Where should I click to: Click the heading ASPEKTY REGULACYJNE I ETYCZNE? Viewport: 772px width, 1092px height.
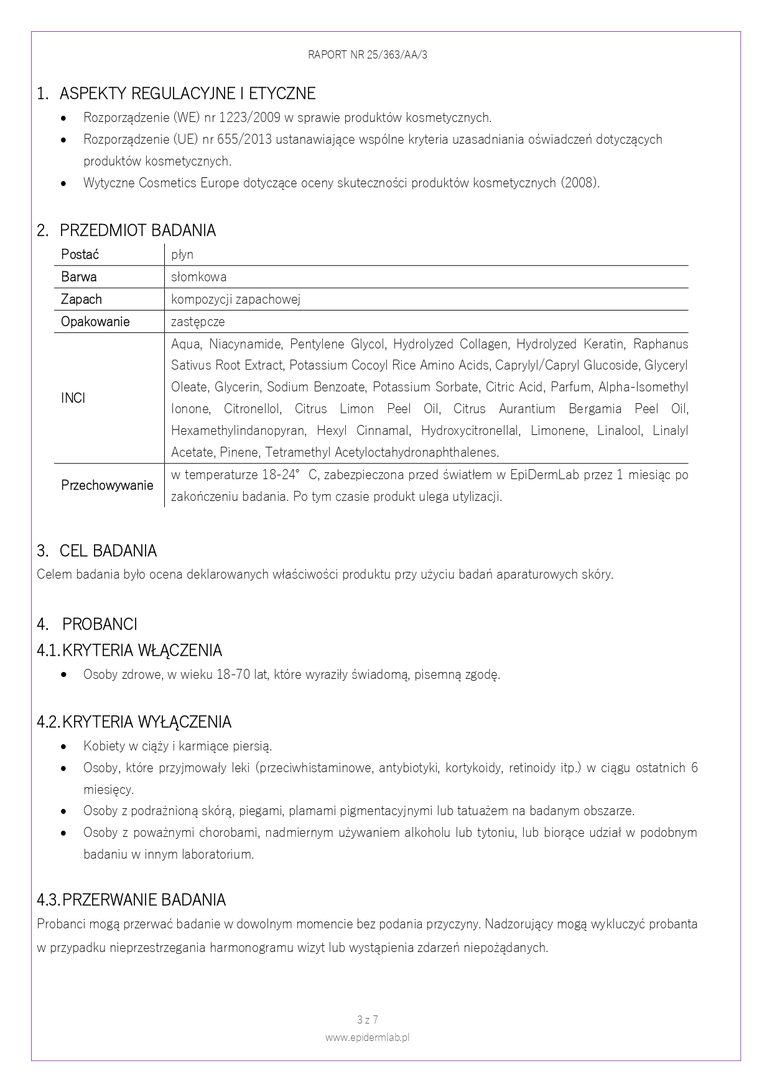click(x=187, y=94)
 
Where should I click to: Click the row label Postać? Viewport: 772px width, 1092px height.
click(x=80, y=254)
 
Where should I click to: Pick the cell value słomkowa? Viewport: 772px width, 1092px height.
click(x=199, y=277)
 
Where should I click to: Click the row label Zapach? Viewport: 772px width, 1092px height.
click(x=81, y=299)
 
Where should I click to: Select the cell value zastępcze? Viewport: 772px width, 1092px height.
click(x=198, y=322)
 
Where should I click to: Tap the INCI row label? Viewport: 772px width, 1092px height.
click(x=73, y=398)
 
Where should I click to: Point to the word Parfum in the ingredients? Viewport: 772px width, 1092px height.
click(x=570, y=387)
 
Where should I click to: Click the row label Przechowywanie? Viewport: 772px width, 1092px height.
click(x=107, y=485)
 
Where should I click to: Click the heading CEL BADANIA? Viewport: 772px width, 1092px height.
click(x=108, y=551)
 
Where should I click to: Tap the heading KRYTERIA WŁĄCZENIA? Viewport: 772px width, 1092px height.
click(x=142, y=651)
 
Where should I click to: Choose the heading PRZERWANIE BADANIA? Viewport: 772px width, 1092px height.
click(x=144, y=900)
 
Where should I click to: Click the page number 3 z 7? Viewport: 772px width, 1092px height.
click(x=368, y=1020)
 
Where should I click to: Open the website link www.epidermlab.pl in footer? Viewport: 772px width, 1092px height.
click(x=368, y=1037)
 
